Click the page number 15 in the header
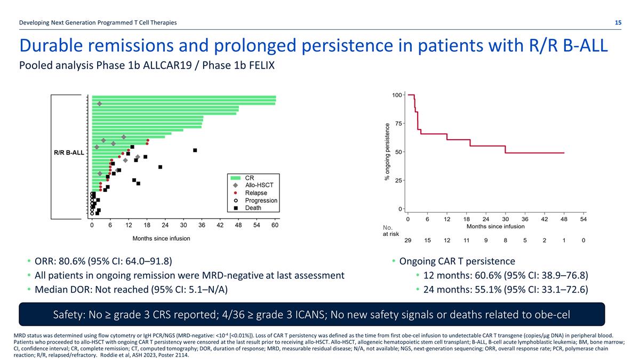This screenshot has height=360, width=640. (618, 22)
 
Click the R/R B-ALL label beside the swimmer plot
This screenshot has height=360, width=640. (69, 153)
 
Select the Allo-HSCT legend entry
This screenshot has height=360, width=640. (257, 185)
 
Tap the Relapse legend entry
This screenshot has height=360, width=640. (256, 193)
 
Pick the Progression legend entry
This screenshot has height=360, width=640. (261, 201)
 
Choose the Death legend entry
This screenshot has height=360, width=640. (253, 208)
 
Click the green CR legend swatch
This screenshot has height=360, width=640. (235, 177)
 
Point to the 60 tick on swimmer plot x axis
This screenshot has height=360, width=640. (275, 226)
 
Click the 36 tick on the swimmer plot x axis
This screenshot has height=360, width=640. (202, 226)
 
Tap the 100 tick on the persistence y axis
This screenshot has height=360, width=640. (396, 95)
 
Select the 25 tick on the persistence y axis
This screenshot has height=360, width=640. (398, 180)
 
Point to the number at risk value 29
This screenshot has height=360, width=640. (408, 241)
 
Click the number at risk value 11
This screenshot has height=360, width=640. (466, 241)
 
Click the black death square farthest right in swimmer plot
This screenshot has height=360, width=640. (195, 150)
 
